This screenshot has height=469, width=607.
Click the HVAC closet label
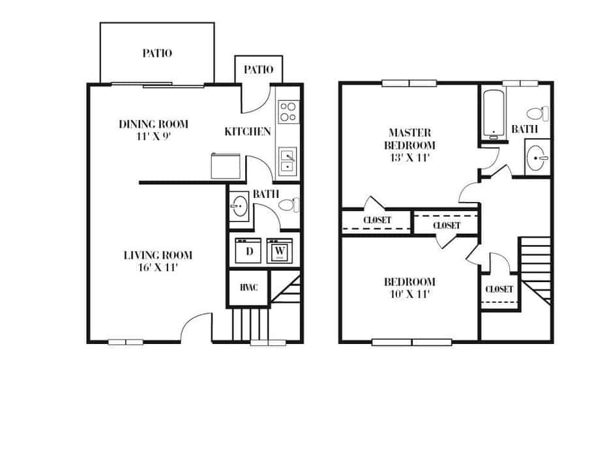(x=247, y=287)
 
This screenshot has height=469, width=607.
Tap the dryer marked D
(x=248, y=250)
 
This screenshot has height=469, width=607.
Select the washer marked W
(x=280, y=250)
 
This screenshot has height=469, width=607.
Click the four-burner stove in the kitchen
(x=288, y=111)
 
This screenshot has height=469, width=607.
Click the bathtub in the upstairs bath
(x=494, y=114)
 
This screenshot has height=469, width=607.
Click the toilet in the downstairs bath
(x=288, y=205)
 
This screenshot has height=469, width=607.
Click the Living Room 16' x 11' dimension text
(x=158, y=266)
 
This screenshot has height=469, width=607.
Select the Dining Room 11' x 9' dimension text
(x=153, y=135)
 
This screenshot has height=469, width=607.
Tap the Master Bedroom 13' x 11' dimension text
(x=409, y=157)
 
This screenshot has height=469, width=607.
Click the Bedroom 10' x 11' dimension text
(x=409, y=293)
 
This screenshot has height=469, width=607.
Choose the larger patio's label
(x=157, y=53)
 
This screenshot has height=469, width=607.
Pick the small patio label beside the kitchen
(x=258, y=70)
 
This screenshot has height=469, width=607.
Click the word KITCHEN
(x=247, y=132)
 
